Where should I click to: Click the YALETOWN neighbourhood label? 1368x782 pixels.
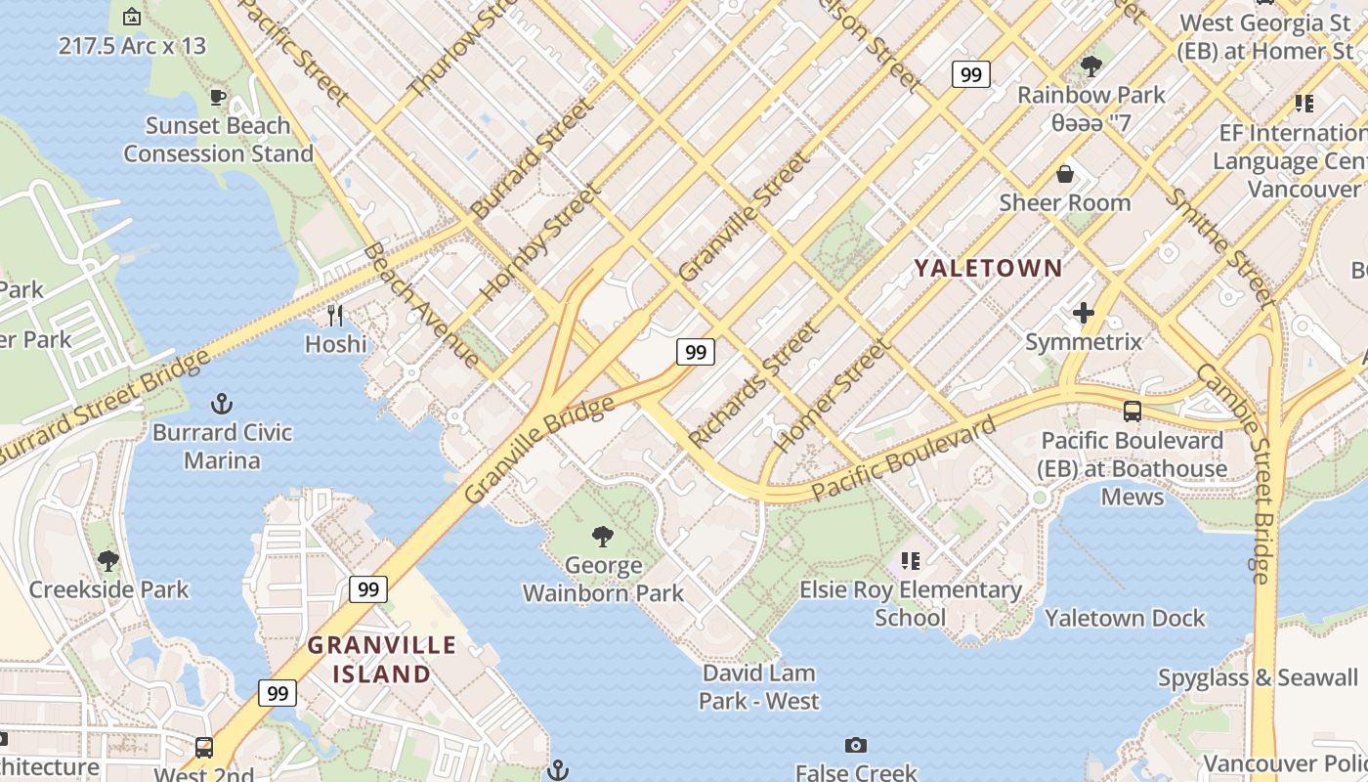point(988,267)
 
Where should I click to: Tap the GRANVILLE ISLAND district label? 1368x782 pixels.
point(382,659)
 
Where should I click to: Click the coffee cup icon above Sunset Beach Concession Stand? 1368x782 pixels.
point(218,97)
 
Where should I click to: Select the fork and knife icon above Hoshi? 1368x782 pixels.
point(335,315)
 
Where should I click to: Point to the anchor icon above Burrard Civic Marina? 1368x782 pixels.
point(222,403)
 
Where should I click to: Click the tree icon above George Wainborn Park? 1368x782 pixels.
point(603,536)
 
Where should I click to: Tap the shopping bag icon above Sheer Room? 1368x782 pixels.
point(1064,174)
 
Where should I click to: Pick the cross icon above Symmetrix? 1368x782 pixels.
point(1083,313)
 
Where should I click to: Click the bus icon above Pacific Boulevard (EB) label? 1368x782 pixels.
point(1133,412)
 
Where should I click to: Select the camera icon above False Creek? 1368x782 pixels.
point(856,745)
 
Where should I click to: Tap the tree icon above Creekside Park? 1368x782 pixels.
point(108,560)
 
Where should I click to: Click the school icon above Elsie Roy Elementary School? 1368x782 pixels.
point(910,561)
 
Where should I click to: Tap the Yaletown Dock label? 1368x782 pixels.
point(1125,618)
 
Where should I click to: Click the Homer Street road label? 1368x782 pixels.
point(832,395)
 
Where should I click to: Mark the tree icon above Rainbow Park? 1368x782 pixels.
point(1090,66)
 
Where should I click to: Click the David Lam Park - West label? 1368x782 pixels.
point(759,686)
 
